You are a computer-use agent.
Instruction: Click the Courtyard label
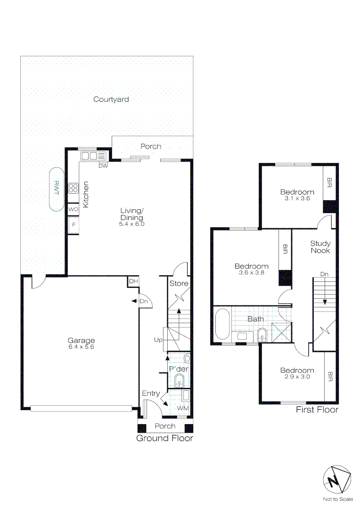pos(111,99)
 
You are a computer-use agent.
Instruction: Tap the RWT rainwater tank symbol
pos(56,189)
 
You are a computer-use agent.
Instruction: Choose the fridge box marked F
pos(73,225)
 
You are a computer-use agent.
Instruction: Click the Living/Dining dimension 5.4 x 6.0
pos(131,224)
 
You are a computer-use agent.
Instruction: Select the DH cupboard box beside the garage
pos(133,281)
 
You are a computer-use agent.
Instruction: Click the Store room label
pos(179,284)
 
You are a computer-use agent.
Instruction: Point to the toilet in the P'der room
pos(187,359)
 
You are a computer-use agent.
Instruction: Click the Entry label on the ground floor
pos(151,394)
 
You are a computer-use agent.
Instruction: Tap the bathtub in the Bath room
pos(221,324)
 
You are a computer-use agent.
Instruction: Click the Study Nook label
pos(320,247)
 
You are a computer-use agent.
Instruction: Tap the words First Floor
pos(317,410)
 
